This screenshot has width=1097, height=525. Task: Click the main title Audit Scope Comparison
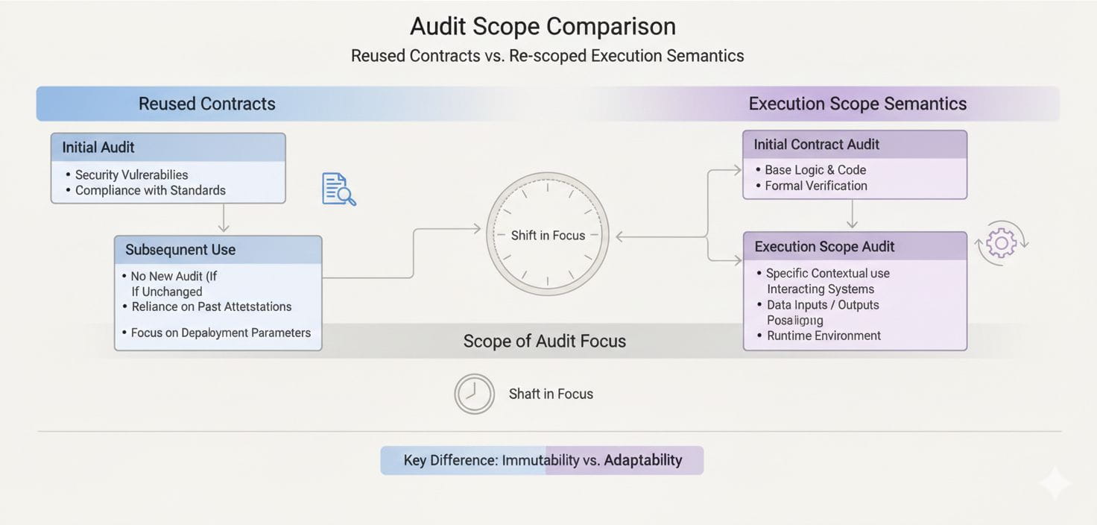pyautogui.click(x=543, y=26)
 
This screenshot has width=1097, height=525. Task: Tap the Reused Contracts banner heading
pyautogui.click(x=206, y=104)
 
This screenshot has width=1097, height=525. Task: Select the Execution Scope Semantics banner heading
pyautogui.click(x=857, y=104)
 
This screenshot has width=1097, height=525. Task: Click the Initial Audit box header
pyautogui.click(x=98, y=147)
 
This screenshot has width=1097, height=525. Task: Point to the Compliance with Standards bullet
pyautogui.click(x=151, y=190)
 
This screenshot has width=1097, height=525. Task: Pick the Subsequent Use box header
pyautogui.click(x=180, y=250)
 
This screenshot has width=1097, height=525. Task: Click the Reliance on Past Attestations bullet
pyautogui.click(x=211, y=306)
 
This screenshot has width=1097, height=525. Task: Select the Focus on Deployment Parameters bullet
pyautogui.click(x=221, y=333)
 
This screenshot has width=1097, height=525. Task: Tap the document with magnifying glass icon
pyautogui.click(x=338, y=189)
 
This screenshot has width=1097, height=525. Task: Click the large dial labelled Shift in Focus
pyautogui.click(x=548, y=235)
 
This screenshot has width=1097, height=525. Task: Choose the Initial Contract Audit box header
pyautogui.click(x=816, y=144)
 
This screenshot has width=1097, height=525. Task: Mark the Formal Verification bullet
pyautogui.click(x=815, y=186)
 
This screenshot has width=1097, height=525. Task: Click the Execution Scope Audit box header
pyautogui.click(x=824, y=246)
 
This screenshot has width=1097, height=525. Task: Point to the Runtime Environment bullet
pyautogui.click(x=823, y=336)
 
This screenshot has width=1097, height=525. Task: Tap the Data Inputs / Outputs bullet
pyautogui.click(x=823, y=305)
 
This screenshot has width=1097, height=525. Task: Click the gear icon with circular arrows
pyautogui.click(x=1002, y=243)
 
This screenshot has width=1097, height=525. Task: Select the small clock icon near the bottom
pyautogui.click(x=474, y=394)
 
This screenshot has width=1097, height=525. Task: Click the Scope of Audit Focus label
pyautogui.click(x=544, y=341)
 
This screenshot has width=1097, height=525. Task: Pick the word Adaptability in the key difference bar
pyautogui.click(x=642, y=460)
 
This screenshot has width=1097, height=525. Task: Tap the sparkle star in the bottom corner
pyautogui.click(x=1055, y=484)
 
